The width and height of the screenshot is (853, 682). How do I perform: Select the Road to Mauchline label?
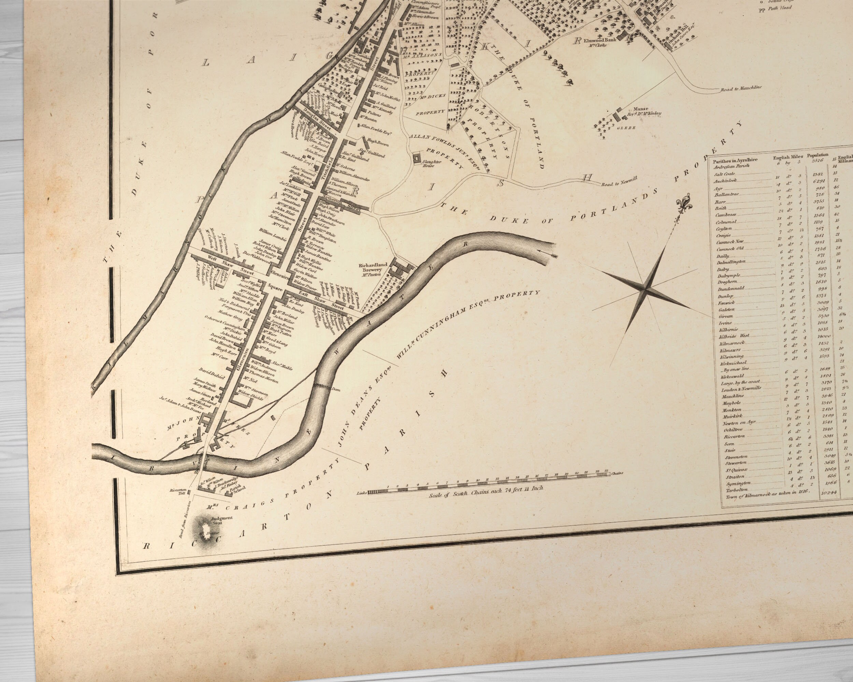coord(741,89)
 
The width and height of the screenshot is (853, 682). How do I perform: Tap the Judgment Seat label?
coord(221,520)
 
